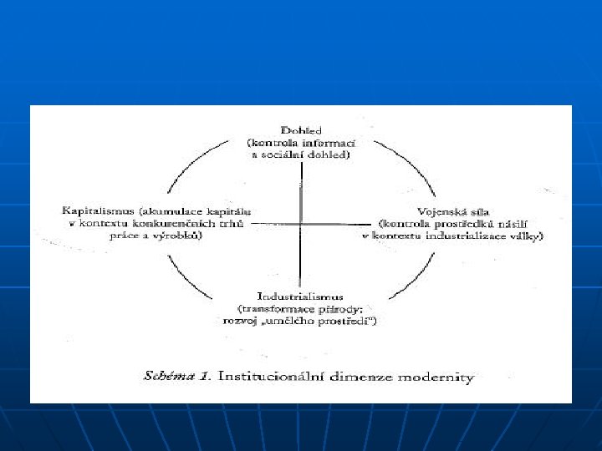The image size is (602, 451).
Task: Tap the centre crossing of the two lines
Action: coord(300,224)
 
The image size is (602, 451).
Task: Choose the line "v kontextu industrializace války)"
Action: coord(452,236)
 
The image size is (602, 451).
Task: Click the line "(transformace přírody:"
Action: coord(301,308)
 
